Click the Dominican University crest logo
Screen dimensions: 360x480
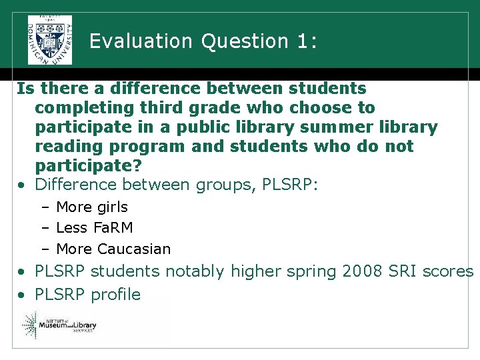(50, 39)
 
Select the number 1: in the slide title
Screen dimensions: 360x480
(303, 41)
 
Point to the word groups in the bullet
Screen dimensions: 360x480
(221, 185)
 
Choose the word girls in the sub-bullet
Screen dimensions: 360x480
(113, 207)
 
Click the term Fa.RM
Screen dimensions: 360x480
(113, 228)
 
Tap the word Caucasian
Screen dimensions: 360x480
(133, 249)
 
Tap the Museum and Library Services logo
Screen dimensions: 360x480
(60, 325)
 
